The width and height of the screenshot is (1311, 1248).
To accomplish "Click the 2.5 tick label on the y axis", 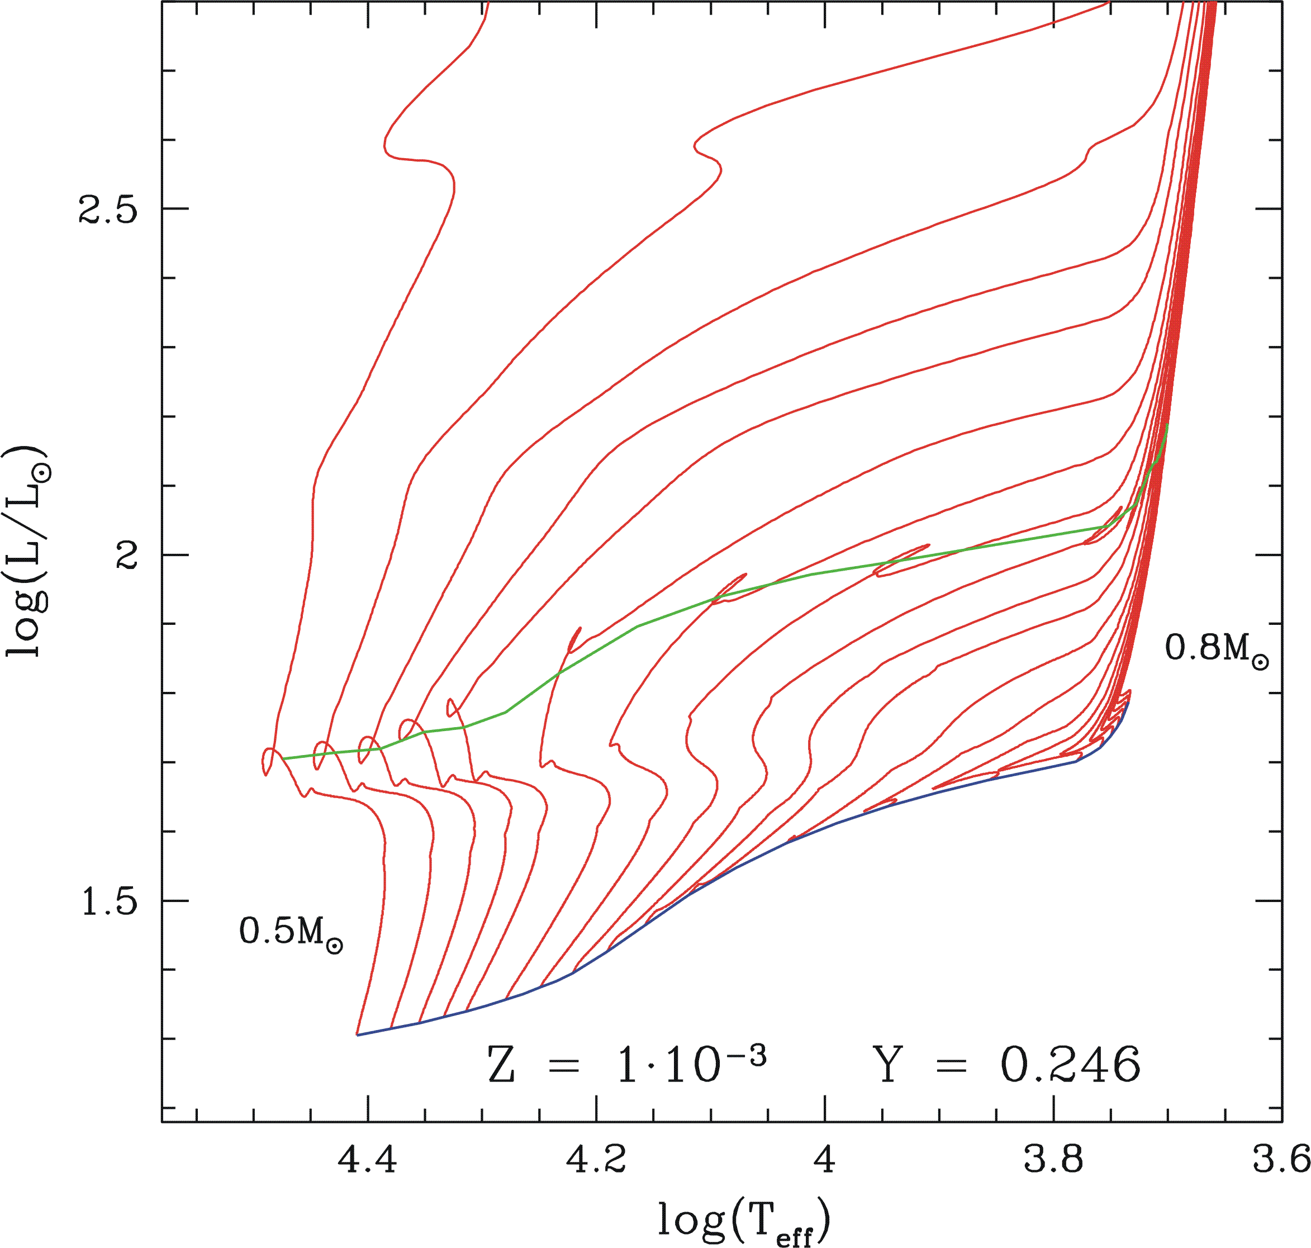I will pos(108,210).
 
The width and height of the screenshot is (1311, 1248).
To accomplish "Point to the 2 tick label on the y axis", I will pos(126,555).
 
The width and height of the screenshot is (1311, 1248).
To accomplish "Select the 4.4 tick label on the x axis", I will pos(368,1160).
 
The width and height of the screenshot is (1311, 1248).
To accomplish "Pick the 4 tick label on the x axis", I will pos(825,1160).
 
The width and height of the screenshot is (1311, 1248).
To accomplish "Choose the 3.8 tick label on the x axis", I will pos(1053,1160).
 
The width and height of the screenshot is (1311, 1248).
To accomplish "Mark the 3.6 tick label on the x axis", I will pos(1281,1160).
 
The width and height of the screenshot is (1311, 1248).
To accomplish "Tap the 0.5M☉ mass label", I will pos(291,931).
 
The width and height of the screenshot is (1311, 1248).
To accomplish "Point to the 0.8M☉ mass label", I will pos(1217,647).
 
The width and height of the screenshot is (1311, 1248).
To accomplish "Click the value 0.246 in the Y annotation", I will pos(1070,1064).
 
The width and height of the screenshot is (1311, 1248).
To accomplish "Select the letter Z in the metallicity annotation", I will pos(501,1064).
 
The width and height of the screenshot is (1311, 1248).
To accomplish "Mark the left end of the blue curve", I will pos(358,1035).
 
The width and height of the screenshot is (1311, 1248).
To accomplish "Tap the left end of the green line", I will pos(283,758).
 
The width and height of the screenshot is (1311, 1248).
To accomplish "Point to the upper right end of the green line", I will pos(1167,424).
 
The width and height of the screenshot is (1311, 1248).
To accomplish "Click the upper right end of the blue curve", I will pos(1129,702).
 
